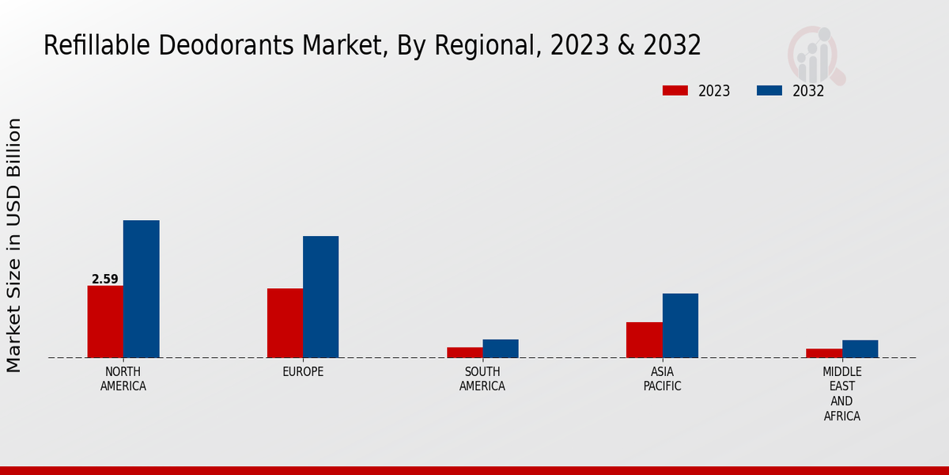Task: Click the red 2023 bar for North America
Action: pyautogui.click(x=105, y=321)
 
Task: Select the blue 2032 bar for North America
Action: pyautogui.click(x=141, y=289)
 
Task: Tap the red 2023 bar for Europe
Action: pyautogui.click(x=285, y=323)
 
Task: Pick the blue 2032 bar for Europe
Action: pyautogui.click(x=320, y=297)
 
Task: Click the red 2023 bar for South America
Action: pyautogui.click(x=464, y=352)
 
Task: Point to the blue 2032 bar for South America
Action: pyautogui.click(x=501, y=348)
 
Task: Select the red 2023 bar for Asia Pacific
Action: pyautogui.click(x=644, y=340)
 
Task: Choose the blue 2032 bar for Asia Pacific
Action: pyautogui.click(x=680, y=325)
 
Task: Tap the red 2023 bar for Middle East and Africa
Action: pyautogui.click(x=824, y=353)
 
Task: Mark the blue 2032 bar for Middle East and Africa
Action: pyautogui.click(x=860, y=349)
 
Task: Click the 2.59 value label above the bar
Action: pyautogui.click(x=105, y=279)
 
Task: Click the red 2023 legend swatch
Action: pyautogui.click(x=675, y=90)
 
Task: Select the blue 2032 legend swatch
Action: pyautogui.click(x=769, y=90)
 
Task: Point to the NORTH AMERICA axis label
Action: pyautogui.click(x=123, y=379)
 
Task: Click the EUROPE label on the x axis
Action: pyautogui.click(x=303, y=372)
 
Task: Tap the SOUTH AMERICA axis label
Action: pyautogui.click(x=482, y=379)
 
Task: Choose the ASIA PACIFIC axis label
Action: pyautogui.click(x=662, y=379)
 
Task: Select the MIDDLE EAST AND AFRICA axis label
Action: pyautogui.click(x=842, y=393)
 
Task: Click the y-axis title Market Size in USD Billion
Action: pyautogui.click(x=14, y=245)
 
